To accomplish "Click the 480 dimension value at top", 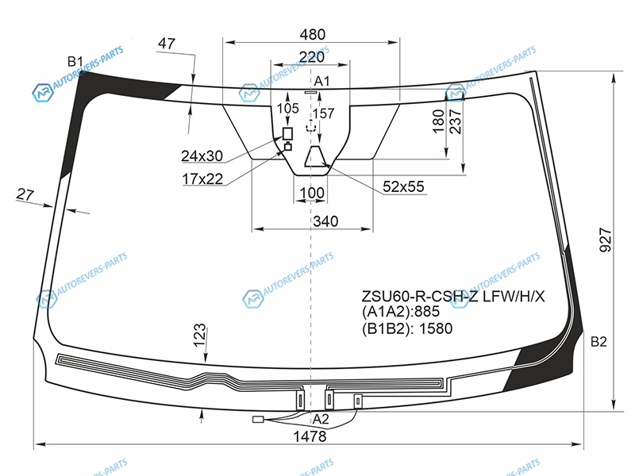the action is [x=312, y=34].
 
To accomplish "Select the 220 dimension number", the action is [x=311, y=56].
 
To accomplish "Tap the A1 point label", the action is [x=322, y=82].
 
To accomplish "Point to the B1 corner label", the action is [x=75, y=62].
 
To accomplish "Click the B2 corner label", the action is [x=598, y=342].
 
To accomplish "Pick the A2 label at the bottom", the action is [x=321, y=420].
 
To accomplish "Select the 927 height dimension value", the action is [x=606, y=240].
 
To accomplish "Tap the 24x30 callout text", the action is [x=202, y=155].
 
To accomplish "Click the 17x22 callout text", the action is [x=202, y=178].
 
